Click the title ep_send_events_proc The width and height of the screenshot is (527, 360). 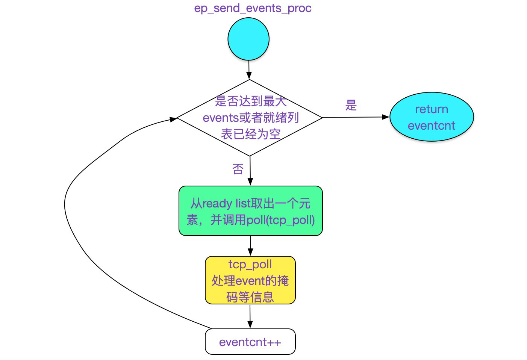(253, 8)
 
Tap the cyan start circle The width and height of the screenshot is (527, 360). (248, 39)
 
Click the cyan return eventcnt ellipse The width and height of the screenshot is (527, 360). (432, 117)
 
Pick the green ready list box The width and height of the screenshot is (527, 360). (251, 211)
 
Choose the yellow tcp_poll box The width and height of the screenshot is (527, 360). (250, 280)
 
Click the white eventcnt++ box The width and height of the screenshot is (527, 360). (250, 342)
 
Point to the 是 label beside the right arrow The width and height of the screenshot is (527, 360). (351, 105)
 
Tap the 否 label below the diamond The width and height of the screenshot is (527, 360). (238, 169)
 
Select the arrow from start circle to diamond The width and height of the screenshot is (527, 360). (249, 70)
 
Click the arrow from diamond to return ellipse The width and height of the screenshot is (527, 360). (356, 117)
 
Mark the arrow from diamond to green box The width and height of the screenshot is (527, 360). (250, 171)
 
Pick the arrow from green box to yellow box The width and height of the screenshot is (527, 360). (250, 246)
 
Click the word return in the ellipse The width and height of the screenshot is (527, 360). (432, 109)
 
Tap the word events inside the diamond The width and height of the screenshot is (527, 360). (218, 118)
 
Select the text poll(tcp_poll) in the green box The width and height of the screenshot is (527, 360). (280, 220)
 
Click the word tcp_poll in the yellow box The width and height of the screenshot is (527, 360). (250, 265)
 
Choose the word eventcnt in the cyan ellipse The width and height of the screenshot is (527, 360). (431, 126)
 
